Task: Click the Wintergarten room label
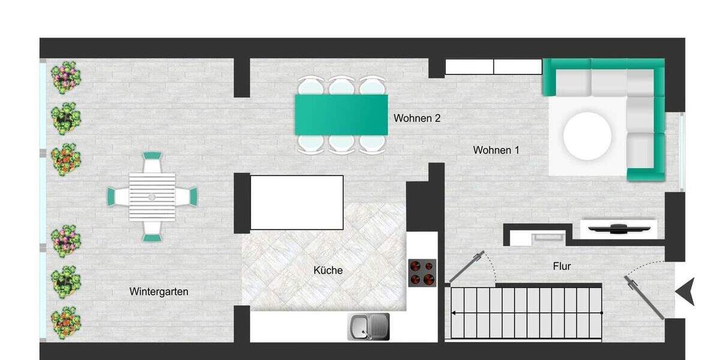(158, 292)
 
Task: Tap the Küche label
(328, 271)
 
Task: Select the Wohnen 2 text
(417, 118)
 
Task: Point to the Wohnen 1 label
(496, 150)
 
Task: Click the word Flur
(562, 266)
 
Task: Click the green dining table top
(341, 115)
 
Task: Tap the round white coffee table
(587, 136)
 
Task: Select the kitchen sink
(368, 326)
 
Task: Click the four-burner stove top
(422, 272)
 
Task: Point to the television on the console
(618, 227)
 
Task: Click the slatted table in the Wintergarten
(152, 196)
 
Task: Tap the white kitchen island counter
(296, 202)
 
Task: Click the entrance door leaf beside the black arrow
(644, 296)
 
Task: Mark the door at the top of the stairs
(467, 266)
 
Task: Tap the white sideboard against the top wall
(493, 67)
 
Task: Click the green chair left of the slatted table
(113, 196)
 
